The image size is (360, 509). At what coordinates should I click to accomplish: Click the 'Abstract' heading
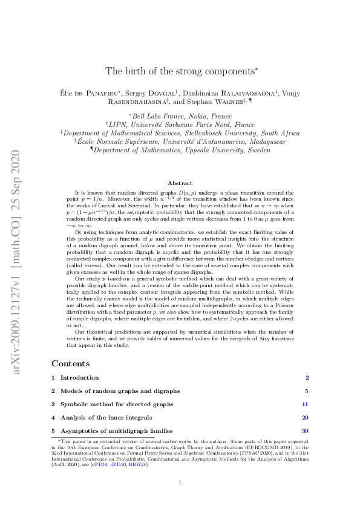180,183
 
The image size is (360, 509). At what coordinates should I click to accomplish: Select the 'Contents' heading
71,363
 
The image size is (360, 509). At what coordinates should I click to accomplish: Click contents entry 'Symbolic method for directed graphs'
116,404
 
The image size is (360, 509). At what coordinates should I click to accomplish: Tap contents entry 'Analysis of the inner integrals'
106,417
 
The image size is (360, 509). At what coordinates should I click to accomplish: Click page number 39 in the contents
306,430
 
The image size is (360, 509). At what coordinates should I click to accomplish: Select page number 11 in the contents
306,404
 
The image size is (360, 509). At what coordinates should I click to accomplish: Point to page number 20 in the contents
306,417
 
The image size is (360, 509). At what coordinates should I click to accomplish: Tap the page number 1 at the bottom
180,482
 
